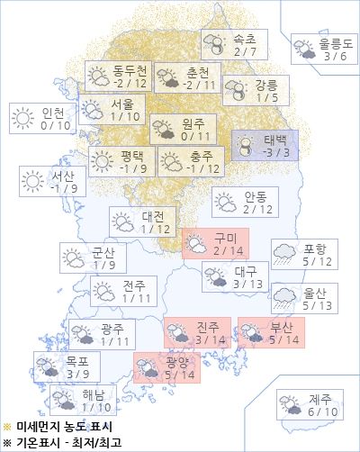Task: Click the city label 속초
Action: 244,40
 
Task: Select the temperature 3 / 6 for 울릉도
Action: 335,56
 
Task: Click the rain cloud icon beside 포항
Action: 285,255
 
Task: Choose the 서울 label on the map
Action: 123,103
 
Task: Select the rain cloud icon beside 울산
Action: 285,298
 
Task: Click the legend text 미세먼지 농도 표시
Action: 59,427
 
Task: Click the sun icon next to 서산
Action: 33,181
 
